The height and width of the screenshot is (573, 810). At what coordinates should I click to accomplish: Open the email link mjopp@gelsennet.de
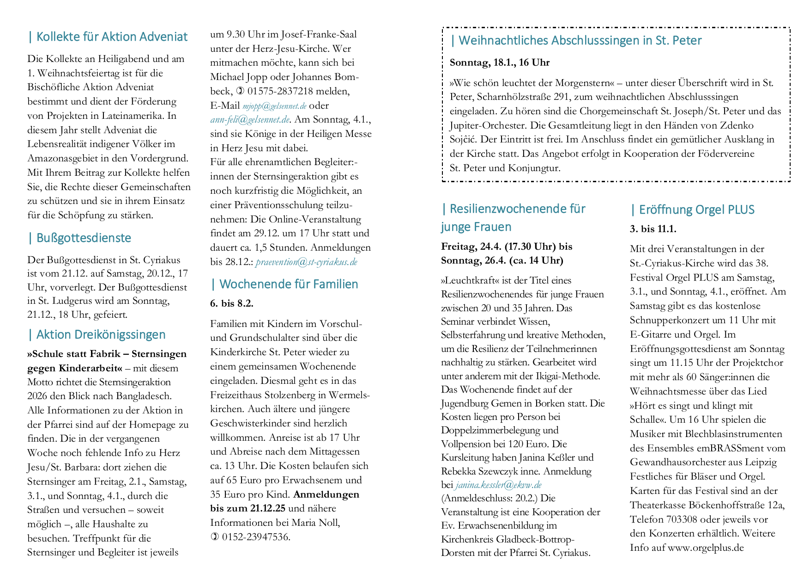tap(274, 106)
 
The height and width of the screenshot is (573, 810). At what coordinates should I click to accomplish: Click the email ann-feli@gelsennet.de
tap(250, 120)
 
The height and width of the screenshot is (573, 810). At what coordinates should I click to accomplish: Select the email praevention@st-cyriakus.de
tap(306, 262)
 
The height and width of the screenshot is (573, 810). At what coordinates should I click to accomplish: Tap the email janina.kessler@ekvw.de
tap(498, 485)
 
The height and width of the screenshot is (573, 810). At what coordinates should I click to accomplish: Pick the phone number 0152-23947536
tap(255, 537)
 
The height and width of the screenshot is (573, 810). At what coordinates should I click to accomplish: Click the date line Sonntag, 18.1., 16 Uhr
tap(500, 62)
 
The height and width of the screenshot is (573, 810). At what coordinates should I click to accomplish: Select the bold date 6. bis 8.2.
tap(232, 304)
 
